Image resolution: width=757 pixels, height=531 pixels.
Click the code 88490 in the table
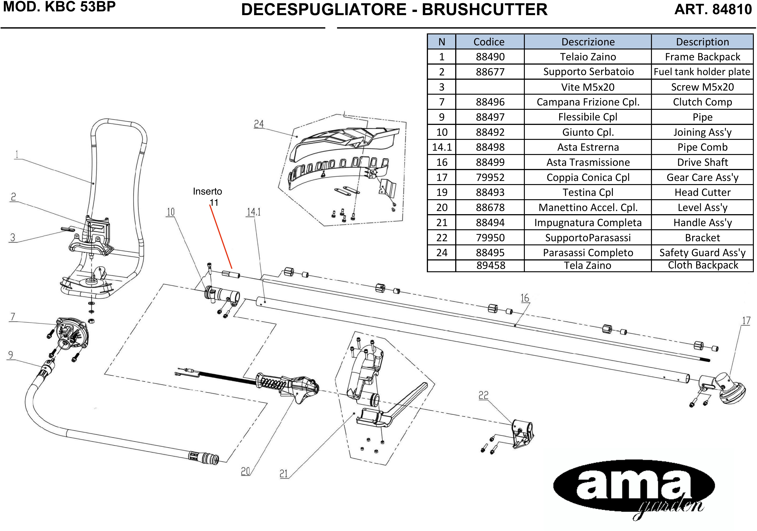click(x=490, y=57)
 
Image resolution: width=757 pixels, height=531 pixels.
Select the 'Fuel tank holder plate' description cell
click(x=702, y=72)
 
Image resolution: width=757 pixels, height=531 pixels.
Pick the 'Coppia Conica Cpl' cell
click(x=588, y=177)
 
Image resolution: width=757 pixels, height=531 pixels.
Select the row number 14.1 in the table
click(x=442, y=147)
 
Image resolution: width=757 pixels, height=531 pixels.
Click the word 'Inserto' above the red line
click(x=207, y=191)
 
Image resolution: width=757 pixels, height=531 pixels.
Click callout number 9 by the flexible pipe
click(x=11, y=355)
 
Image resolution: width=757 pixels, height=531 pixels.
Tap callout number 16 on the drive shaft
click(x=525, y=298)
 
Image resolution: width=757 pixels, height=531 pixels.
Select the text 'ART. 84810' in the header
click(x=713, y=9)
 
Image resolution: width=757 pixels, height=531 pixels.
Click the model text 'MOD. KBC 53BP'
click(x=59, y=7)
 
